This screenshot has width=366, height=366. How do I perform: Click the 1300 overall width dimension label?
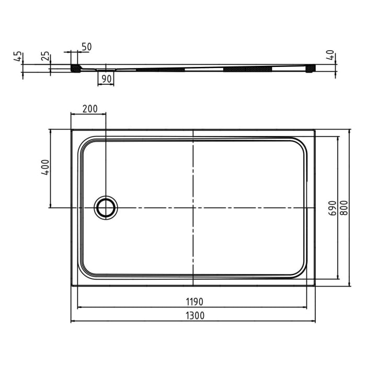193,315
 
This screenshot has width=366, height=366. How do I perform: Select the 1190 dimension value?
193,302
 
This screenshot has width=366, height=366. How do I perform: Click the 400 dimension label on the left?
45,167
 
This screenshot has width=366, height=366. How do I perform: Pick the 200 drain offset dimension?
90,109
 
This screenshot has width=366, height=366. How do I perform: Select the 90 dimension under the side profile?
106,79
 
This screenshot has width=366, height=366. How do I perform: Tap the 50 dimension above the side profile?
86,47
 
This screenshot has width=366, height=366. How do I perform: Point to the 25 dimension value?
45,56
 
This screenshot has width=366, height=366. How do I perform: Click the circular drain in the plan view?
106,208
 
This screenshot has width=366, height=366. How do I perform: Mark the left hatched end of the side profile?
76,68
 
